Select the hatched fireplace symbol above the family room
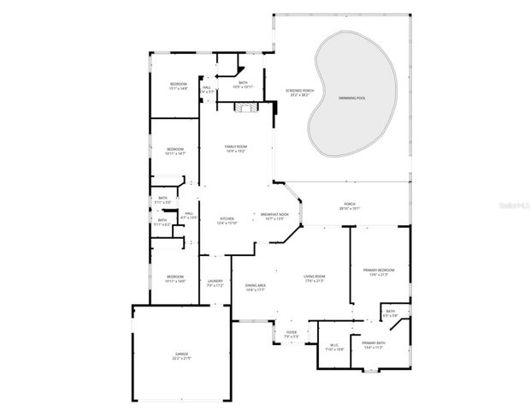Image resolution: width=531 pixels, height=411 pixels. point(246,106)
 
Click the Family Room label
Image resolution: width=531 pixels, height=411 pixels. point(235,149)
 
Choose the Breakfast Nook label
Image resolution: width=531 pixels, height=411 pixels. point(274,216)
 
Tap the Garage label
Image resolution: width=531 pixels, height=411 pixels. point(181,354)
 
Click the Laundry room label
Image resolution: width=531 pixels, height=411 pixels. point(215,283)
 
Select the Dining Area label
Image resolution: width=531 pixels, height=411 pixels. point(256,287)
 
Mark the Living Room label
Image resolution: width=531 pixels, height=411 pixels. point(315,278)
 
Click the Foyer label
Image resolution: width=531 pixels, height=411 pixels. point(292,334)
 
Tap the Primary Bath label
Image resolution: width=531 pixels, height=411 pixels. point(374,345)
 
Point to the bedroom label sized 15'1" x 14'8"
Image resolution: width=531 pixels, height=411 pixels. point(178,86)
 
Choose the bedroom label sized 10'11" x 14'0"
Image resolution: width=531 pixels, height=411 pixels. point(175,278)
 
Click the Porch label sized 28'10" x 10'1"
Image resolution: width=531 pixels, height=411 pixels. point(350,206)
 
